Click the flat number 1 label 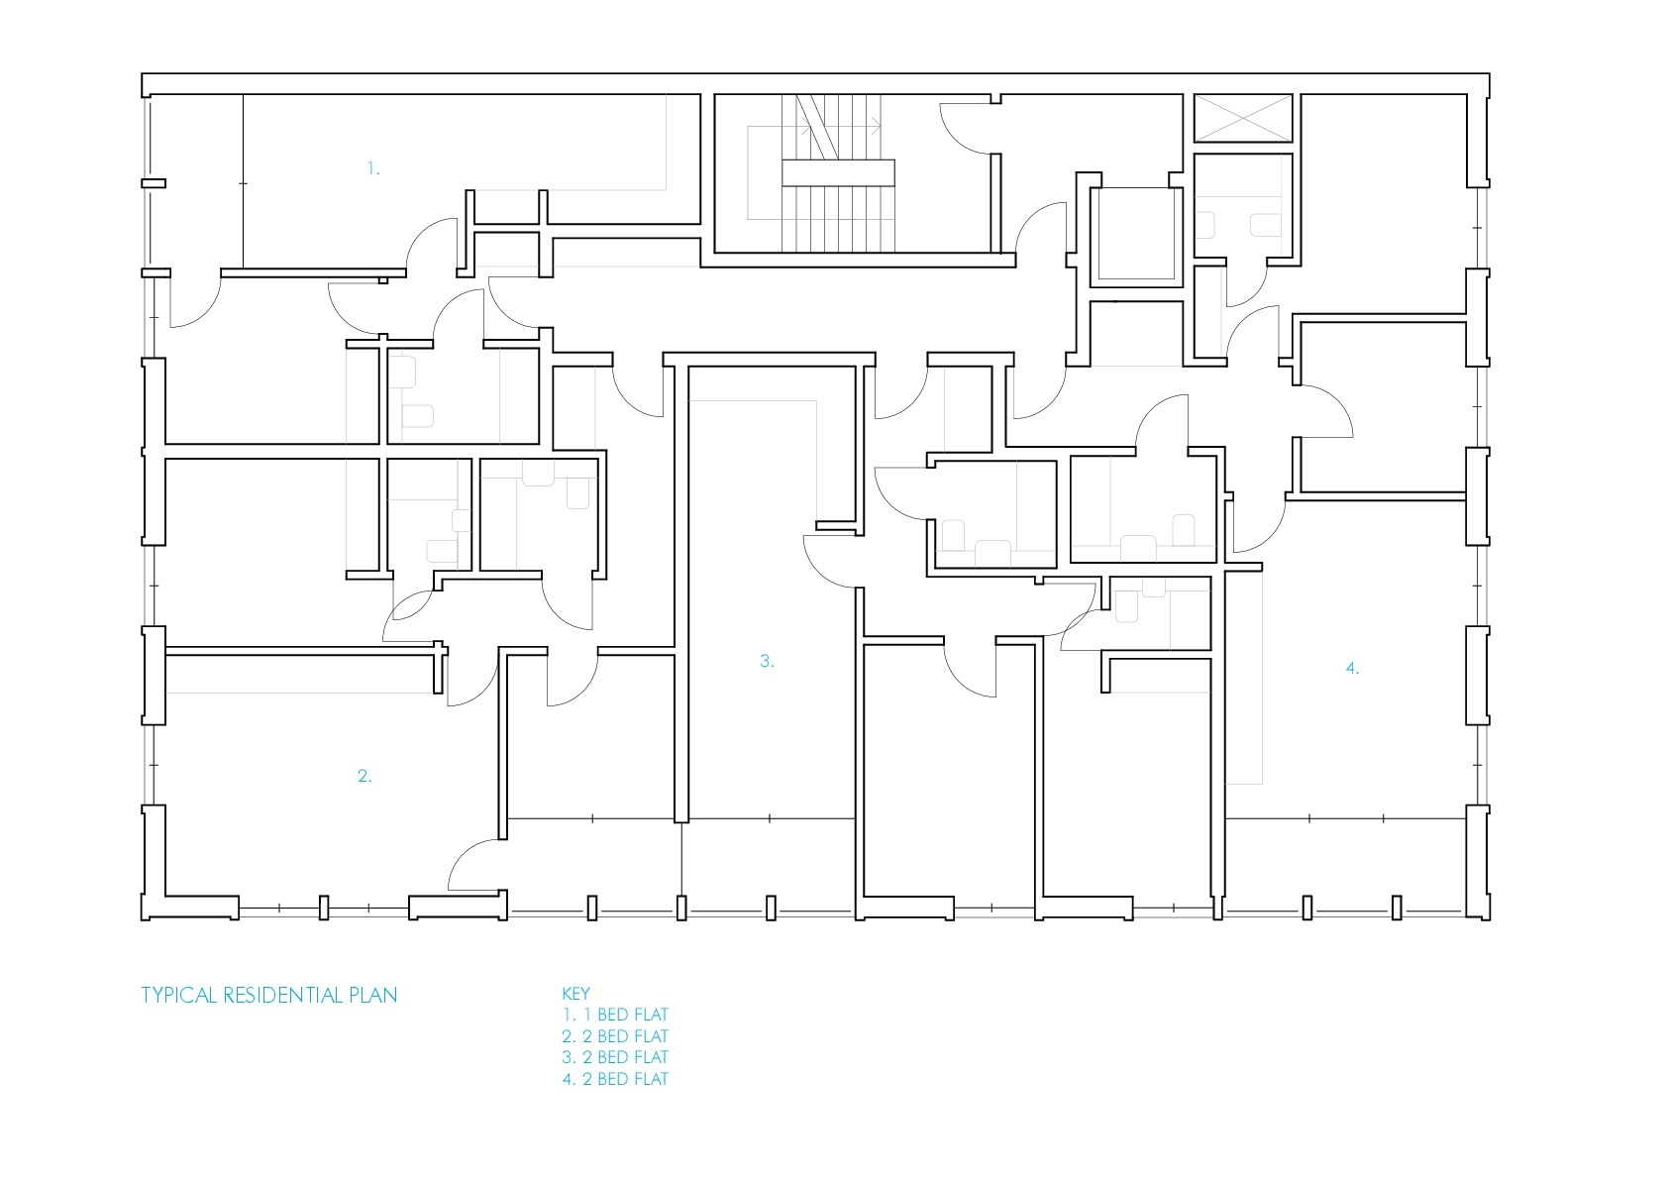pos(373,169)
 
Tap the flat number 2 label pos(365,776)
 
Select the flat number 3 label pos(767,661)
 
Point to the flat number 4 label pos(1352,668)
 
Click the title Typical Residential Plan pos(268,996)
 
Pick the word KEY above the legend pos(575,993)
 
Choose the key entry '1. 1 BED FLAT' pos(616,1015)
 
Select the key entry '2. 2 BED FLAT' pos(615,1036)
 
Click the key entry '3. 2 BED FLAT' pos(615,1057)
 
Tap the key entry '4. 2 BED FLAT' pos(615,1079)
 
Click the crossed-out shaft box pos(1243,118)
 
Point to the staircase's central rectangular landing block pos(838,172)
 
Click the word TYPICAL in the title pos(178,996)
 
